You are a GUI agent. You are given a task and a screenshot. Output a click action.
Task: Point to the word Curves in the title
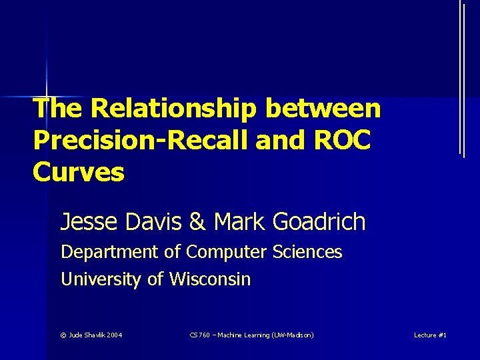78,172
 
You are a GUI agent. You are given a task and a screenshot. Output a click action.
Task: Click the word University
101,279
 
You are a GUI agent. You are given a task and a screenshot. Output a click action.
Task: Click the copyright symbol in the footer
63,335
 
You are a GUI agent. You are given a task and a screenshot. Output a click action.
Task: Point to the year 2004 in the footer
113,335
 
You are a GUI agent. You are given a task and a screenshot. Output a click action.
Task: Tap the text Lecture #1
430,335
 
